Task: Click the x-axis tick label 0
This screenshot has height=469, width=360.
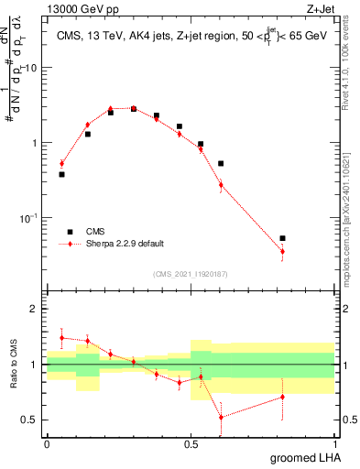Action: click(x=47, y=443)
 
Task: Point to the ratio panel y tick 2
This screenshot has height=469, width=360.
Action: click(x=33, y=309)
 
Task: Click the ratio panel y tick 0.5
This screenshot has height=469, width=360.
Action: click(x=29, y=420)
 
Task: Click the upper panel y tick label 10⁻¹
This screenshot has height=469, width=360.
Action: click(x=28, y=218)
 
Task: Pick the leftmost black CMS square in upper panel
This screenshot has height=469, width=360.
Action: click(x=61, y=174)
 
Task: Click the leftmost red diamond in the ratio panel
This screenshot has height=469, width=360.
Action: click(x=61, y=338)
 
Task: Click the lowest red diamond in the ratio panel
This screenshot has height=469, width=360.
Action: click(x=221, y=417)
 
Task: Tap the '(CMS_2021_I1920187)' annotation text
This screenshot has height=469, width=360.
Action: click(x=191, y=273)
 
